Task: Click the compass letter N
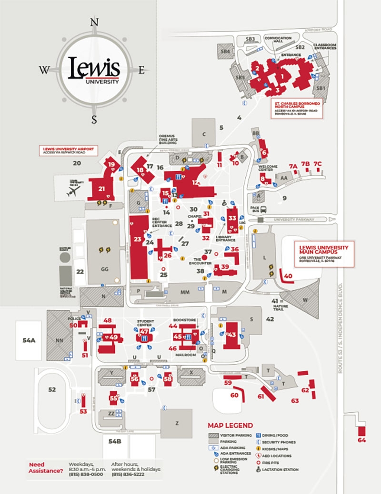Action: pos(94,22)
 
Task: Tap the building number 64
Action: pos(362,440)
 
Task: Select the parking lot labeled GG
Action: pos(105,269)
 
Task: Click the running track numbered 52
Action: pos(52,389)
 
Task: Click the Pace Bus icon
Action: pos(263,209)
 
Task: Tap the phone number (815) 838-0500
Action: pos(86,475)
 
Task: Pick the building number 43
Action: pos(232,335)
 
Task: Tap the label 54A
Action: pos(29,340)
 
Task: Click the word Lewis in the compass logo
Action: pos(94,67)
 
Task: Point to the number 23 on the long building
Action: pos(138,239)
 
